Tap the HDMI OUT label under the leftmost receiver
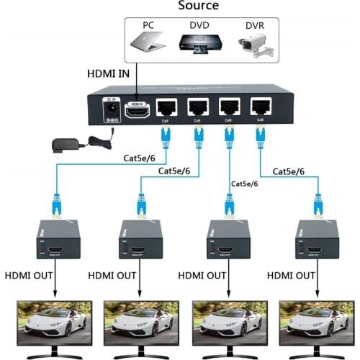point(28,276)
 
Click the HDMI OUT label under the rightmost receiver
point(291,276)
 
